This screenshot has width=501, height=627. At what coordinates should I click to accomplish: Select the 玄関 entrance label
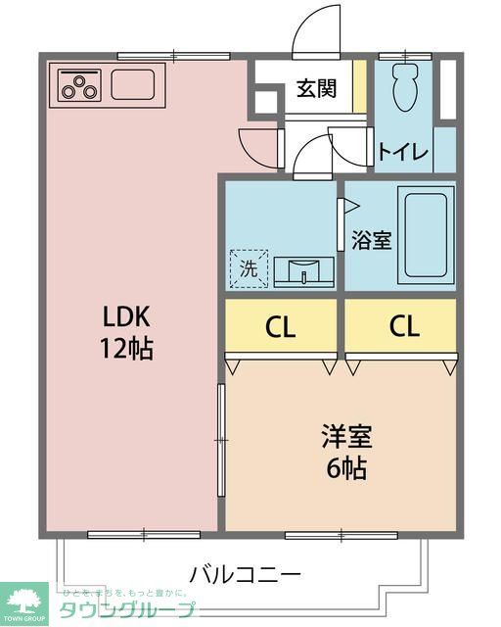[317, 88]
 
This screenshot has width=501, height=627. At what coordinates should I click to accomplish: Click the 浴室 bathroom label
[372, 240]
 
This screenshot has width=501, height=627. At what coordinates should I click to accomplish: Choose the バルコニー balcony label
[245, 572]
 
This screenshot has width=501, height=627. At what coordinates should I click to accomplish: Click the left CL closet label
[281, 327]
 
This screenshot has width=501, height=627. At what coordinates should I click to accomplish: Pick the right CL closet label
[400, 327]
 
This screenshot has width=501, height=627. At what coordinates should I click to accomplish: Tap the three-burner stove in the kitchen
[79, 85]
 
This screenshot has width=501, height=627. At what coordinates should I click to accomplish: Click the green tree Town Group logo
[26, 600]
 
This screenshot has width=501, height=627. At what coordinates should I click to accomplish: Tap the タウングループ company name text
[127, 609]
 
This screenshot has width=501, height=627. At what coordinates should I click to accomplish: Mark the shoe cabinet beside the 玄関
[359, 87]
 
